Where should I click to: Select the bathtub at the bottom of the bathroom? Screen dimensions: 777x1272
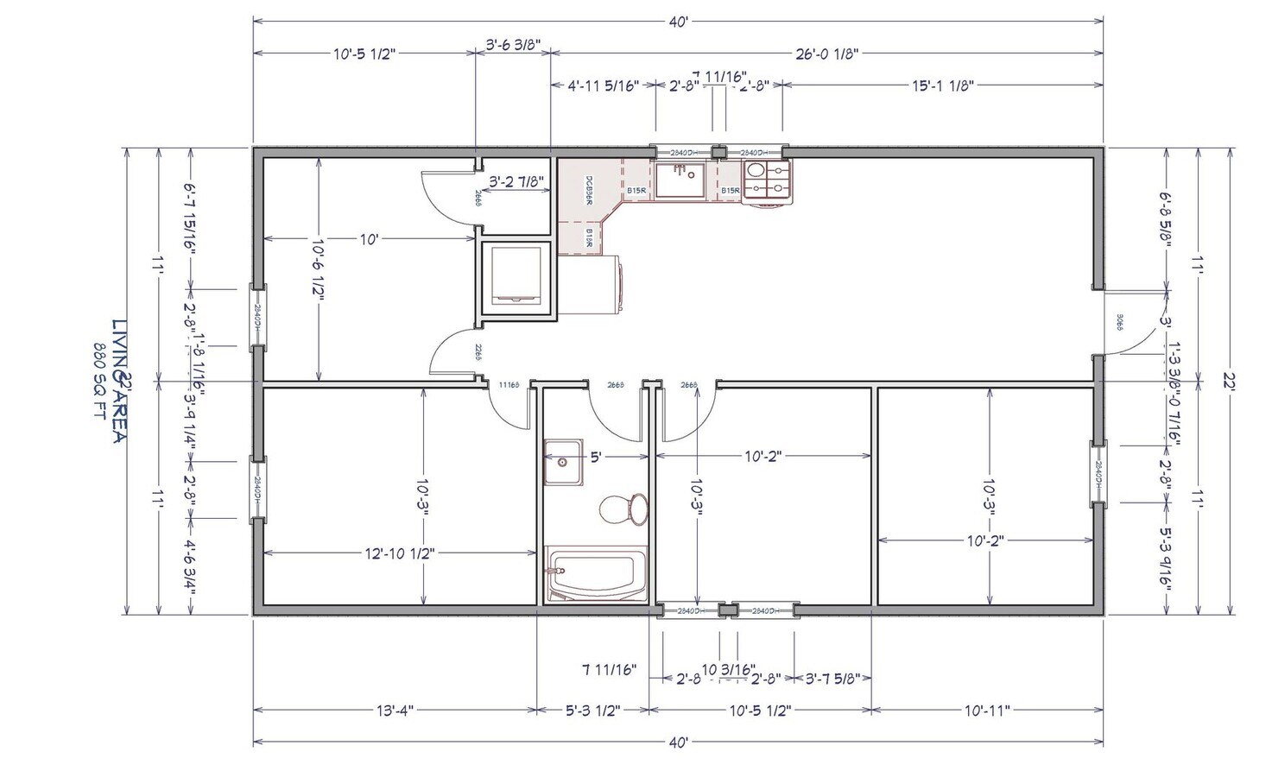(x=596, y=574)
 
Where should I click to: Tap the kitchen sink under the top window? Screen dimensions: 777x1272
(x=681, y=181)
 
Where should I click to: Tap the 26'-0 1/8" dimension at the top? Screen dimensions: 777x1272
(x=826, y=54)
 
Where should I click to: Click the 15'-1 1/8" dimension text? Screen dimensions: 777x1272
(x=943, y=85)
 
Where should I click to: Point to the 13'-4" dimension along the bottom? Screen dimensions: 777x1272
(x=396, y=711)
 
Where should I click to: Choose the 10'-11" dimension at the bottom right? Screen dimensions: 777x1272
(x=986, y=711)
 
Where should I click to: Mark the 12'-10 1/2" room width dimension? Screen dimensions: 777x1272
(x=398, y=553)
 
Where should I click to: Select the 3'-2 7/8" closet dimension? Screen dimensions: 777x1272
(x=516, y=182)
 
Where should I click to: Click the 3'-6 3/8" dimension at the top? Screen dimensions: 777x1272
(x=513, y=42)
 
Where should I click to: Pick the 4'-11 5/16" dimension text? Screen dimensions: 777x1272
(x=603, y=85)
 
